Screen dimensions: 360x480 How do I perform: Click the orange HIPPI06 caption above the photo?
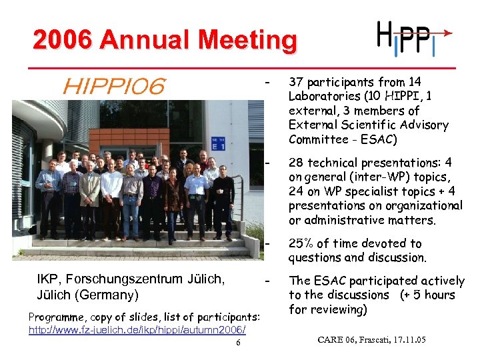(114, 85)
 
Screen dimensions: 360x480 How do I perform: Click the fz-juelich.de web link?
(137, 330)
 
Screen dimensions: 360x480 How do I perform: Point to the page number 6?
(238, 343)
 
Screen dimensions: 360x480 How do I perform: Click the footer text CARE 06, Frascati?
(372, 341)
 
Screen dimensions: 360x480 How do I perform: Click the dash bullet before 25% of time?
(267, 243)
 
